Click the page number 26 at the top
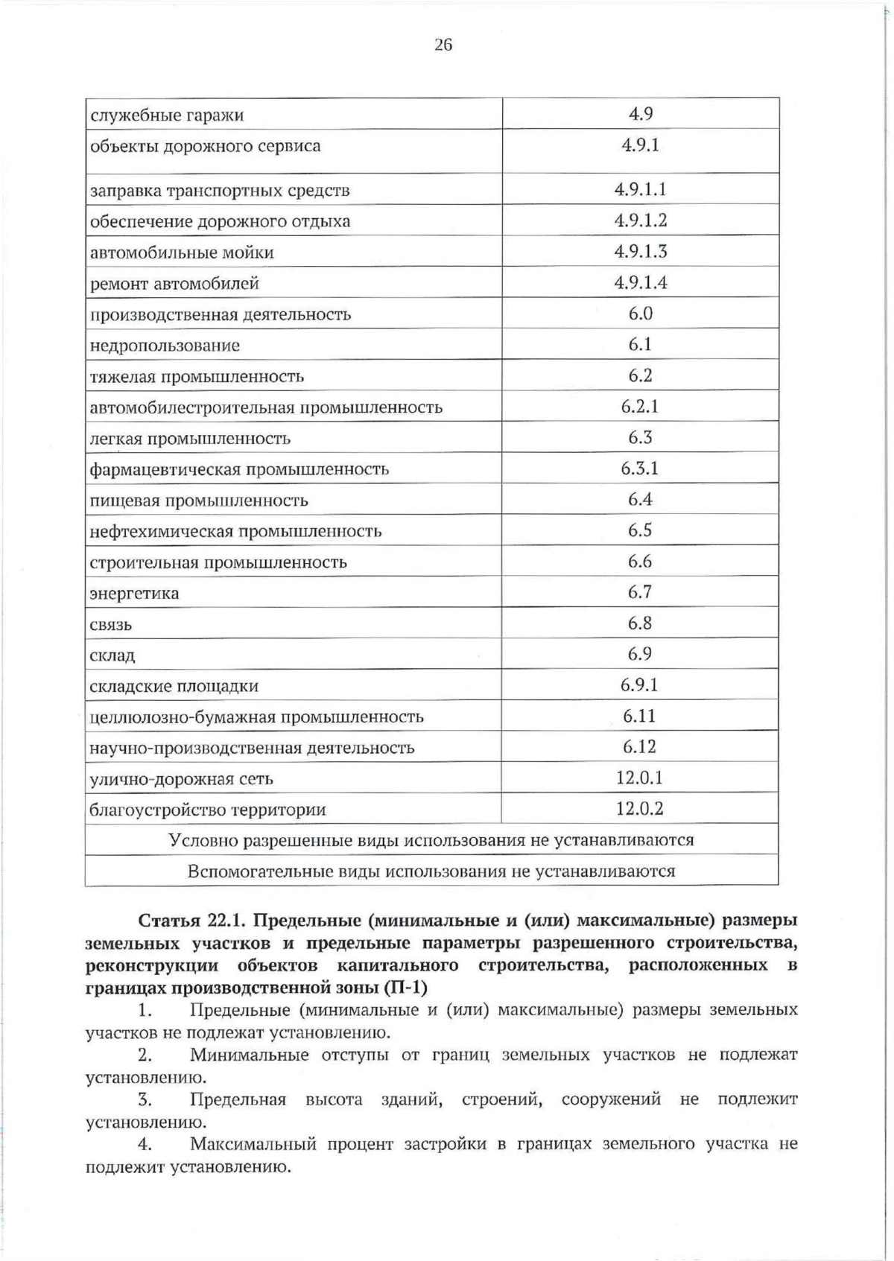(x=443, y=45)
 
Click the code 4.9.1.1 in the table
(x=640, y=189)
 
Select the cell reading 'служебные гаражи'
(x=167, y=115)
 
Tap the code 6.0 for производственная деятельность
(x=640, y=314)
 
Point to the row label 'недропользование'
(x=165, y=346)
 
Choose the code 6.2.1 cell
(x=640, y=407)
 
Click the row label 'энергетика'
(x=134, y=594)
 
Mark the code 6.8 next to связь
(x=640, y=623)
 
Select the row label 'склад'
(x=112, y=656)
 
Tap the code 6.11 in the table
(x=640, y=717)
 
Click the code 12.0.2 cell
(x=640, y=809)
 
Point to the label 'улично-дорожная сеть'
(x=181, y=779)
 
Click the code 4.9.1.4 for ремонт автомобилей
(x=640, y=282)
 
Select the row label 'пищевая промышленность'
(x=198, y=501)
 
